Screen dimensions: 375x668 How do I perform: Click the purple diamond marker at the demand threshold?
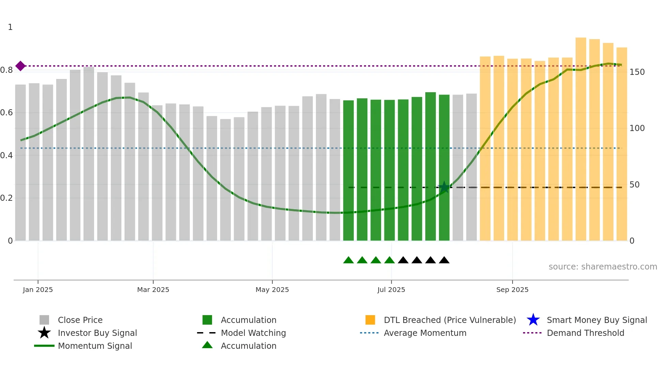20,66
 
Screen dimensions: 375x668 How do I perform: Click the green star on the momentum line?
444,187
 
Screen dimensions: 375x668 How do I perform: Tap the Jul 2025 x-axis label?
391,290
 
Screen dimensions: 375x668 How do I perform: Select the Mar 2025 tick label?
153,290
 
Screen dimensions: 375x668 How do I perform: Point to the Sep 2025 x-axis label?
512,290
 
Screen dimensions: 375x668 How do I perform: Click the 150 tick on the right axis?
637,72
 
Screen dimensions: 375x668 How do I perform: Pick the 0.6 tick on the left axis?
6,113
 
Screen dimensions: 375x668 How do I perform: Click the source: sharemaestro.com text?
603,267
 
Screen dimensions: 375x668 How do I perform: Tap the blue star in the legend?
533,320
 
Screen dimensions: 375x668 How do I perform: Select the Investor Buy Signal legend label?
97,333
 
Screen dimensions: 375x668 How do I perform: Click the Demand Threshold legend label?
585,333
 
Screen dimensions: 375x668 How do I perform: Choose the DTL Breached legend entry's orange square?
370,320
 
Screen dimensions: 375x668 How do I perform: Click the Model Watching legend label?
253,333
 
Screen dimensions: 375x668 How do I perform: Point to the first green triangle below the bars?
348,260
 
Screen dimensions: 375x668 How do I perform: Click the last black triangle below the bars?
444,260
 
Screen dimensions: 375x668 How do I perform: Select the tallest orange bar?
581,140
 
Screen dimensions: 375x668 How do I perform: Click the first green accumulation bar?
348,170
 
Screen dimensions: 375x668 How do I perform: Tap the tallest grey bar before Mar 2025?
89,153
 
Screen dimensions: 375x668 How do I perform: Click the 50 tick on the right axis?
634,185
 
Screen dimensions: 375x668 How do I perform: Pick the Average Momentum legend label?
425,333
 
